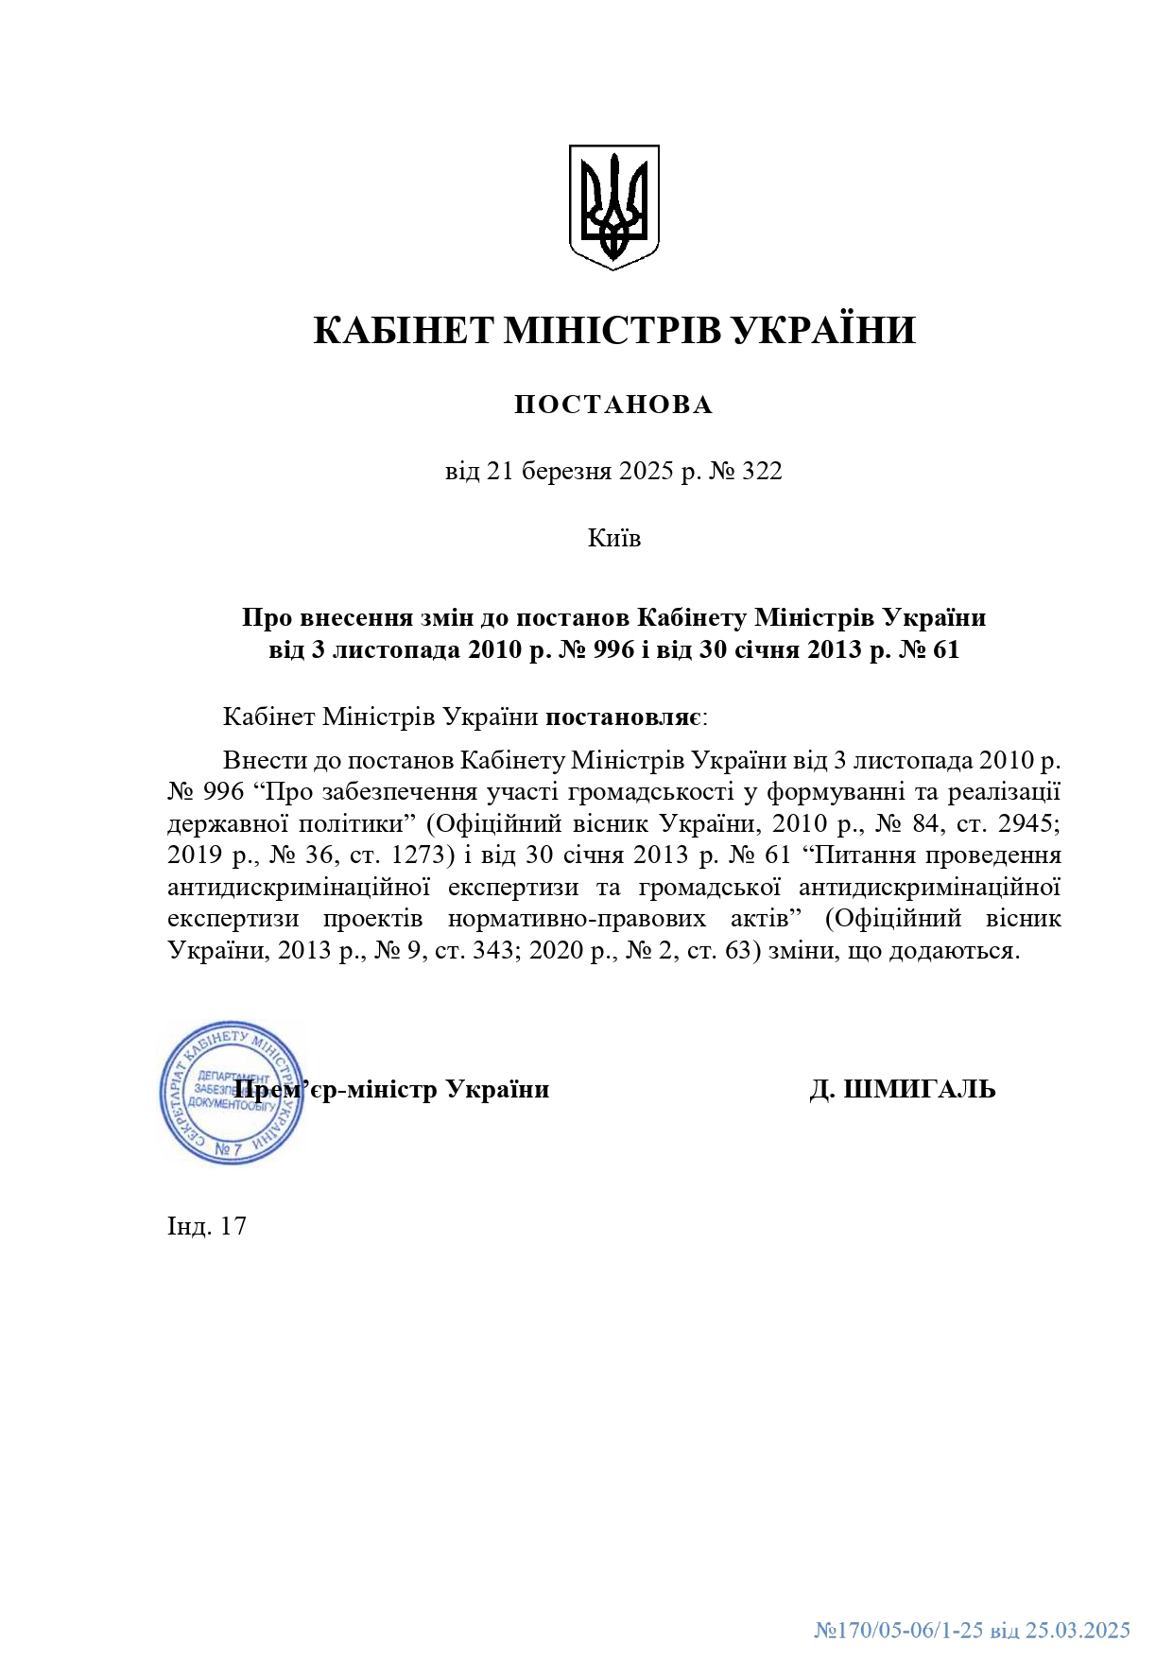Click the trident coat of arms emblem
613,206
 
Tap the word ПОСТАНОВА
613,405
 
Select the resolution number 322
762,471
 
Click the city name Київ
614,538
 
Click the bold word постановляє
624,717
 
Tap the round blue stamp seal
232,1092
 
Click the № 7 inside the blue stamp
228,1149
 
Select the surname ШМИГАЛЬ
918,1090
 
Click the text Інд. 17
207,1226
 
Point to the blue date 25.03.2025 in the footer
1078,1630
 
